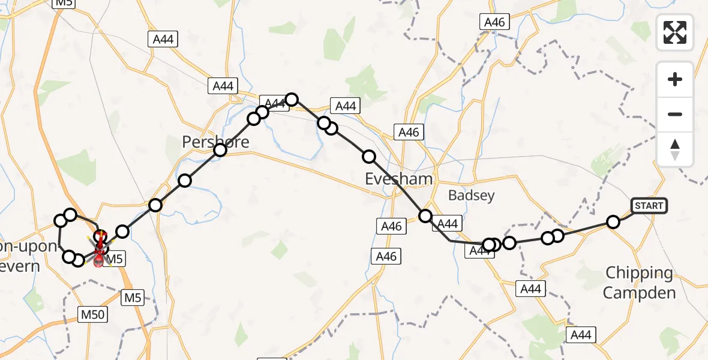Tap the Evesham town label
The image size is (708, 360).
pyautogui.click(x=398, y=179)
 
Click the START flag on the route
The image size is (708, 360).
pyautogui.click(x=649, y=206)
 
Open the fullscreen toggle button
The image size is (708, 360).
pyautogui.click(x=675, y=32)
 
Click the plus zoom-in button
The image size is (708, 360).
pyautogui.click(x=675, y=79)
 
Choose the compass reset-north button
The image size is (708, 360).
pyautogui.click(x=675, y=149)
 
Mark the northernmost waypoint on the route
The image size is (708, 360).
pyautogui.click(x=292, y=99)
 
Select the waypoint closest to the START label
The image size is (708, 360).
pyautogui.click(x=613, y=222)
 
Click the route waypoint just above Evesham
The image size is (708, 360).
pyautogui.click(x=369, y=157)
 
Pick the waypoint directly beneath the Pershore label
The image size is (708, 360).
pyautogui.click(x=220, y=150)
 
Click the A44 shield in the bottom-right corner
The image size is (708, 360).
pyautogui.click(x=581, y=335)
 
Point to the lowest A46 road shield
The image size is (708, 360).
pyautogui.click(x=387, y=256)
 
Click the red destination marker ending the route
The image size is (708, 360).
pyautogui.click(x=100, y=258)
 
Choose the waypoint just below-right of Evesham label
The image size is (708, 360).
pyautogui.click(x=425, y=216)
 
